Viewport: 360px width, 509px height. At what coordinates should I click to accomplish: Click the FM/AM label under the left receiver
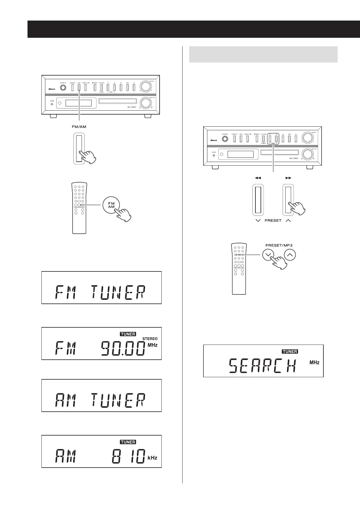tap(79, 127)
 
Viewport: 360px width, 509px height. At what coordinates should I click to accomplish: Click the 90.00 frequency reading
tap(122, 348)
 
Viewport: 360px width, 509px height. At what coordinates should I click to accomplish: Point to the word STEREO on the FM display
tap(150, 339)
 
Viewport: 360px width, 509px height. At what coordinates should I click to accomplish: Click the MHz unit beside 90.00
tap(152, 345)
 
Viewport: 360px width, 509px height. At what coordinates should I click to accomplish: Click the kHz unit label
tap(152, 458)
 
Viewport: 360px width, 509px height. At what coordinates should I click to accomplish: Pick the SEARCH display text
tap(262, 366)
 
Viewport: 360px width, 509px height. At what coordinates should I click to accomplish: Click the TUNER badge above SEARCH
tap(290, 352)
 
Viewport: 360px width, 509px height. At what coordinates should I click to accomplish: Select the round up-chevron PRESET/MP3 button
tap(290, 255)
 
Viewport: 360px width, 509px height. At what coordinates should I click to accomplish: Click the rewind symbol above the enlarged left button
tap(258, 178)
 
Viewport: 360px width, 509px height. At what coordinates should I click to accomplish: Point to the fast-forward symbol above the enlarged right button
tap(288, 178)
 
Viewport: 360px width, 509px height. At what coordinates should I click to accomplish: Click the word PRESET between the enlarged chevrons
tap(273, 220)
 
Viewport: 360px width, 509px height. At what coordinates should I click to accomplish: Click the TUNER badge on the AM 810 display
tap(128, 442)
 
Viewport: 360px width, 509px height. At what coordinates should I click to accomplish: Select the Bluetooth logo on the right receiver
tap(214, 140)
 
